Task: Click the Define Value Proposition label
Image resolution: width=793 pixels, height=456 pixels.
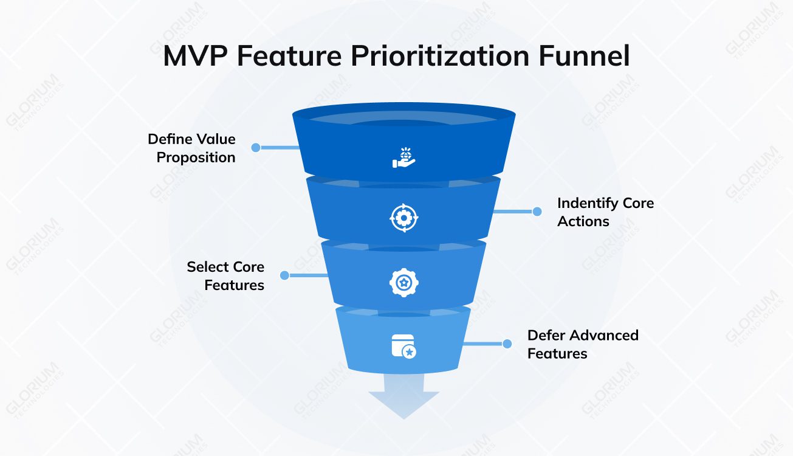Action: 192,148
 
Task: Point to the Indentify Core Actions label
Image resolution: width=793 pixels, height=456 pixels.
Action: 605,212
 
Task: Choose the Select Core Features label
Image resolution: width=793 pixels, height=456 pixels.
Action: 225,275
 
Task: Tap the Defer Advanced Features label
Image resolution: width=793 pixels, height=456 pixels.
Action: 582,344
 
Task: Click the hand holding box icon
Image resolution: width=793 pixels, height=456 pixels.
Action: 403,156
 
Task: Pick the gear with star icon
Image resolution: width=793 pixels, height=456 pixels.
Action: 403,282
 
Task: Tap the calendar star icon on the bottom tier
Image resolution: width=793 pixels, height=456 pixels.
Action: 403,346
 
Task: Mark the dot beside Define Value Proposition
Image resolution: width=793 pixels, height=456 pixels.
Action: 255,147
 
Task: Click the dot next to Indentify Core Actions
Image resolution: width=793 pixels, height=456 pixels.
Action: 537,212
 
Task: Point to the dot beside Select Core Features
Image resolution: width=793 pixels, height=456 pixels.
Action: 284,275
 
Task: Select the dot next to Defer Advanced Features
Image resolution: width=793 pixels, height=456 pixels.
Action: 507,344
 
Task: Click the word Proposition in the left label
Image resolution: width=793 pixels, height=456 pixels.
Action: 196,157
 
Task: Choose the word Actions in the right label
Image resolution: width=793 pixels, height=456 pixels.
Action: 583,221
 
